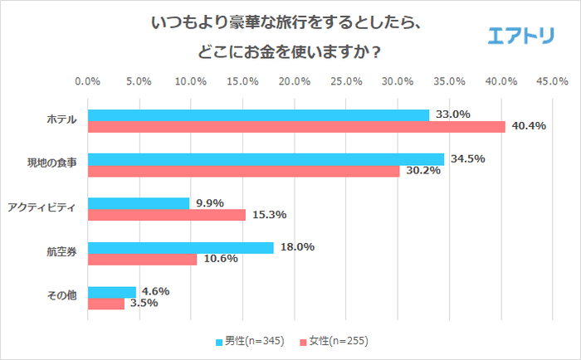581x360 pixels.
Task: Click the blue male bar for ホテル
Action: point(258,115)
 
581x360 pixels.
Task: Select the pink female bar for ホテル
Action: point(296,127)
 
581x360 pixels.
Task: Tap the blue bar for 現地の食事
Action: point(266,159)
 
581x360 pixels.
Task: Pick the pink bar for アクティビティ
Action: point(167,215)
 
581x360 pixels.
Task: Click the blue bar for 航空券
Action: point(180,247)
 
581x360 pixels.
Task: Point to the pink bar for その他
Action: point(105,304)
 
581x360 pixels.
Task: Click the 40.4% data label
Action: point(528,126)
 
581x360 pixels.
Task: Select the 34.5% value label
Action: point(466,158)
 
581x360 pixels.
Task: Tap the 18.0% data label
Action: point(295,247)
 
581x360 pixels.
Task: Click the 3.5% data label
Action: point(142,304)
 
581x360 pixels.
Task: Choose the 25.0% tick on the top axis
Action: point(346,81)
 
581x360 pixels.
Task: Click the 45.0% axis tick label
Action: point(552,81)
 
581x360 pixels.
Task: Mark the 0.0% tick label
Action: point(88,81)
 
